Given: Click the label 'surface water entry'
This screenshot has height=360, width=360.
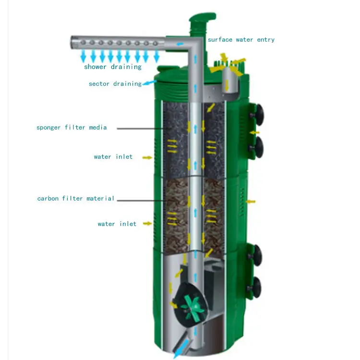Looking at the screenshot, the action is click(241, 40).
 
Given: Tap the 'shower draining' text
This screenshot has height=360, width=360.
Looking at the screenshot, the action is click(113, 67).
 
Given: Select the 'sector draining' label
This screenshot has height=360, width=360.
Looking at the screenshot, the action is click(115, 84).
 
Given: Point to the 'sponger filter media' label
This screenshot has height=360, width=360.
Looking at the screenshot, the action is click(72, 127).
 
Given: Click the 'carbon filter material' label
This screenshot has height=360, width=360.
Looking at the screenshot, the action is click(76, 198).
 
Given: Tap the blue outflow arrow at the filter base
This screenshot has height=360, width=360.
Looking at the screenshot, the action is click(181, 348).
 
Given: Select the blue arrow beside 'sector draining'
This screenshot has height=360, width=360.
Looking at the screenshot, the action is click(149, 83).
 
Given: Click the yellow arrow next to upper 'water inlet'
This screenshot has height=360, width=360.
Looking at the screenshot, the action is click(147, 157).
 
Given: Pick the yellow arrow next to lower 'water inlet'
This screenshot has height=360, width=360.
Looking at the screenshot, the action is click(147, 223).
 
